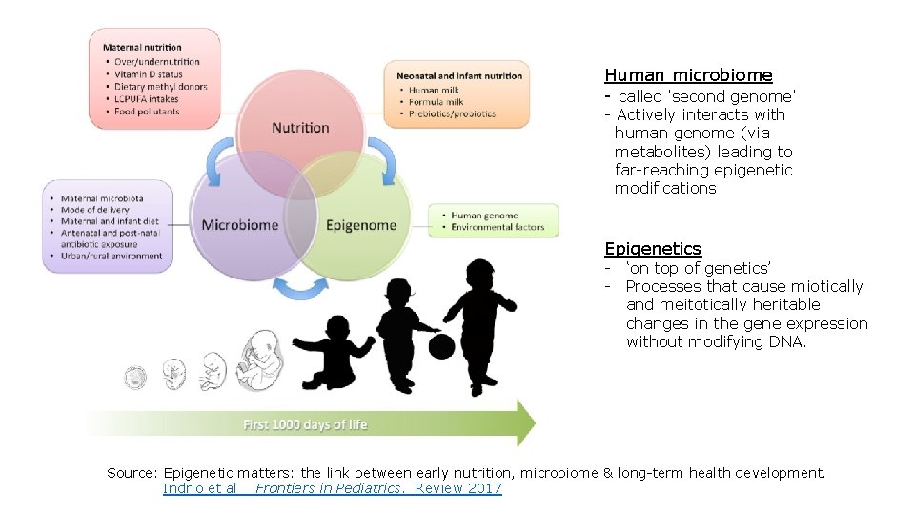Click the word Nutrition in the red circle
300,128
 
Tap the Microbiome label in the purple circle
240,225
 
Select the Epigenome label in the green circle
360,225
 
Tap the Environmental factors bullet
498,228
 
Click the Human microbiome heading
688,75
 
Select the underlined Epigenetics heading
653,249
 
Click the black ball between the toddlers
441,345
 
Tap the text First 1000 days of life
305,424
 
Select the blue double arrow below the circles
301,287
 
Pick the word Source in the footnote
131,473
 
